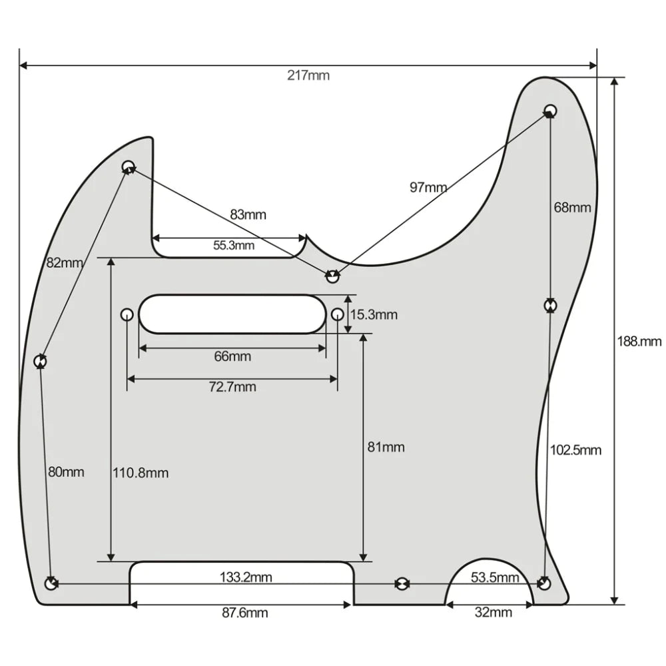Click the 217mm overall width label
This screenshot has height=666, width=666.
[x=308, y=75]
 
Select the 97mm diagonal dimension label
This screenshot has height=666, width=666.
[x=428, y=187]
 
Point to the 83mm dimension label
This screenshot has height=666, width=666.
[x=248, y=214]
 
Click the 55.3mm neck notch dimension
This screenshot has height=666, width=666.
[x=234, y=245]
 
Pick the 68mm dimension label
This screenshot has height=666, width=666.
[x=572, y=207]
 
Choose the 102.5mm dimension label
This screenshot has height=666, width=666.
[x=575, y=450]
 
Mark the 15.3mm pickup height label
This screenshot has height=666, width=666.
[x=374, y=314]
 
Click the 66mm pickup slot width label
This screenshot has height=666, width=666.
[x=232, y=356]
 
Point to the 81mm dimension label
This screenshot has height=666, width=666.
[x=386, y=448]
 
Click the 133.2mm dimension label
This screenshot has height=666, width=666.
[x=246, y=577]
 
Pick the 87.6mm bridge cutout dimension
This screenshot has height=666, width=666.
[x=245, y=613]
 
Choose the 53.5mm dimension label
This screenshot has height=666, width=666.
[x=495, y=577]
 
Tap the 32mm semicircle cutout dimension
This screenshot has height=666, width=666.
[x=494, y=613]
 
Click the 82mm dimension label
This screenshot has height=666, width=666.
[x=65, y=262]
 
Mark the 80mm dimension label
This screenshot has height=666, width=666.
[x=66, y=472]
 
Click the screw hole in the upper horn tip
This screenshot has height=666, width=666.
[x=550, y=109]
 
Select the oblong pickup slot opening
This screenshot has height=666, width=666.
[x=232, y=314]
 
